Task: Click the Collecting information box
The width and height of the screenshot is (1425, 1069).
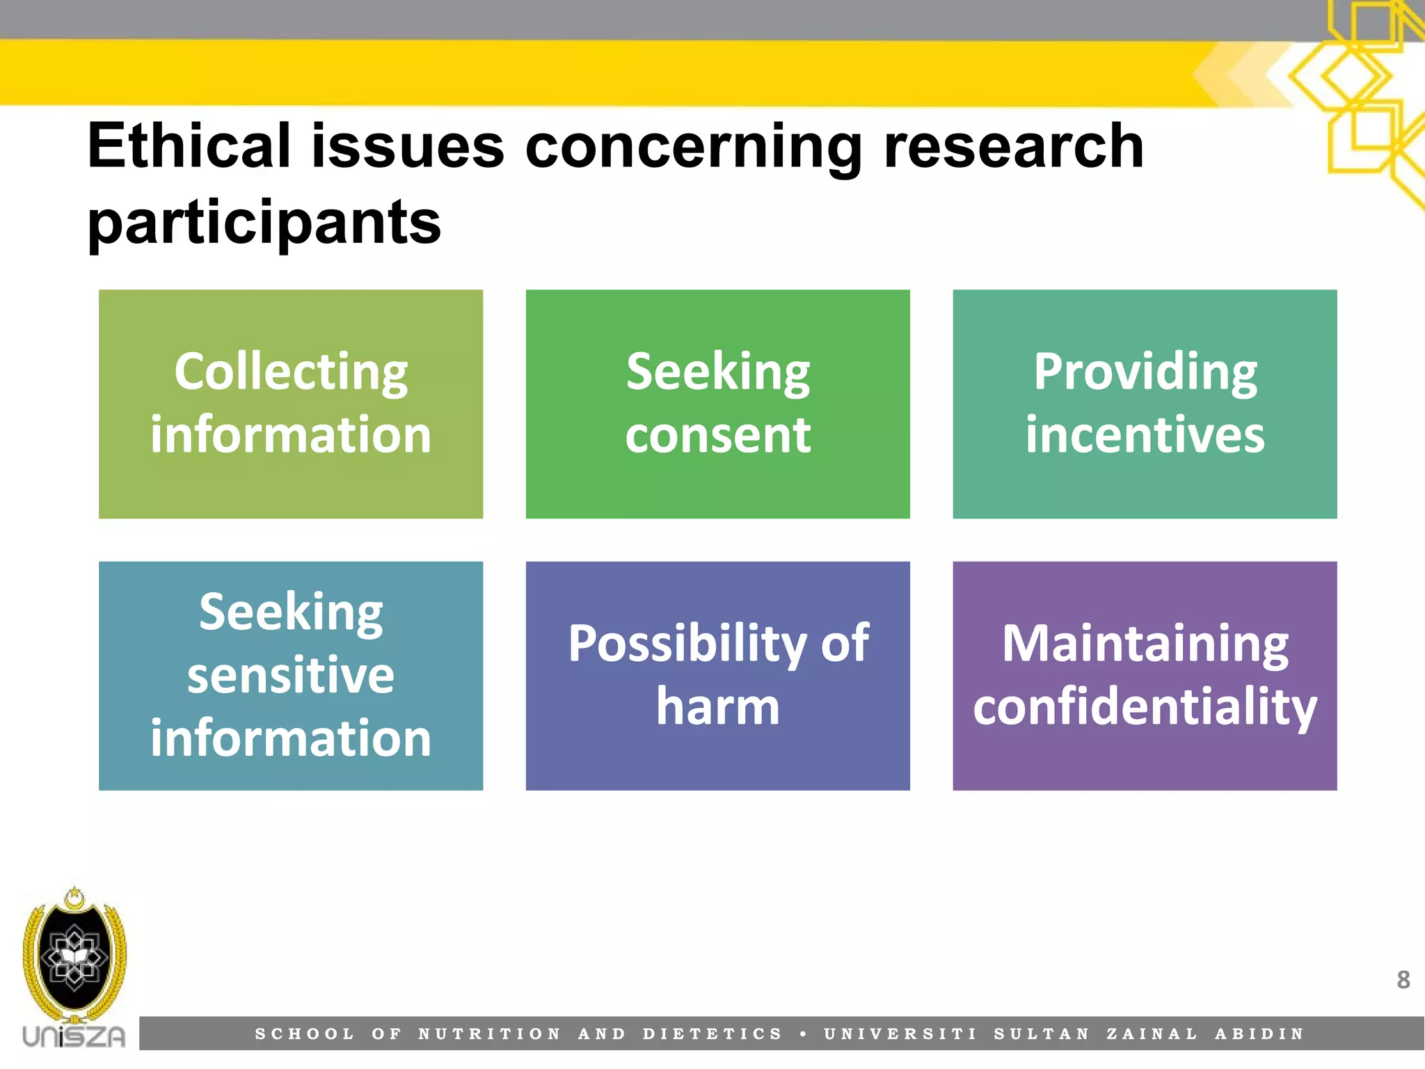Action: click(x=291, y=404)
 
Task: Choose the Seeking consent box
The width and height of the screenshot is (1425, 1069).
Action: click(x=717, y=404)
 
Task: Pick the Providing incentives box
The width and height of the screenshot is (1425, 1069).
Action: click(x=1145, y=404)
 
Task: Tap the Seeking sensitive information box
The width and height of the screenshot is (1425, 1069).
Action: click(x=291, y=675)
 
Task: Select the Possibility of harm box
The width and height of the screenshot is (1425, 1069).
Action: click(x=717, y=675)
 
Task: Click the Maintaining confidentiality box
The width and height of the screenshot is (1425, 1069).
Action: click(x=1145, y=675)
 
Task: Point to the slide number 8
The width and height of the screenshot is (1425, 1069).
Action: click(x=1403, y=980)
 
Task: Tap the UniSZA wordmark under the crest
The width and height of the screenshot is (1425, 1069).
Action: click(x=74, y=1036)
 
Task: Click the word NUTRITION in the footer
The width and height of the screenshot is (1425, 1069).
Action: click(x=489, y=1034)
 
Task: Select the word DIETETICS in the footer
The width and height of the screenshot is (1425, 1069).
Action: click(x=712, y=1034)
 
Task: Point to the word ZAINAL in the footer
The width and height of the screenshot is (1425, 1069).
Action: click(x=1152, y=1034)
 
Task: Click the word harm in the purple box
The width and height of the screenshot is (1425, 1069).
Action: click(x=717, y=706)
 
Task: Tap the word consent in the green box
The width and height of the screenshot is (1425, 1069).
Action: click(x=717, y=435)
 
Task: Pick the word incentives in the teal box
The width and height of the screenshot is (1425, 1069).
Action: click(x=1145, y=435)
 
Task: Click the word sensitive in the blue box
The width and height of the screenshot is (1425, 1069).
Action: click(x=291, y=675)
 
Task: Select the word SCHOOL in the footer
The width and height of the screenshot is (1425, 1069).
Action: click(x=305, y=1034)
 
